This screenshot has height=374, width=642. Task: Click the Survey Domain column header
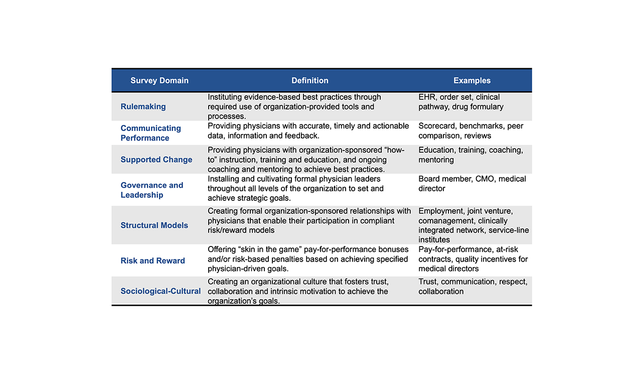pos(159,80)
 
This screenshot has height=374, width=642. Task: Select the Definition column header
pos(310,80)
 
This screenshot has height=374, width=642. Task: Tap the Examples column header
pos(472,80)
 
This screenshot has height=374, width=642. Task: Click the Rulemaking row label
pos(143,106)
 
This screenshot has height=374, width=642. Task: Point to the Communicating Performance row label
pos(150,133)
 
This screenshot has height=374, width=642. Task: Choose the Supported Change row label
pos(156,160)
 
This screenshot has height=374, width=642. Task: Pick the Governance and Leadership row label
pos(151,190)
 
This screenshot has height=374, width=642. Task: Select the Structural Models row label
pos(154,225)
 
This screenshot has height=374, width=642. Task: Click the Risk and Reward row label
pos(152,261)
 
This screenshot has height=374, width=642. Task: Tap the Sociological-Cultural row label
pos(160,291)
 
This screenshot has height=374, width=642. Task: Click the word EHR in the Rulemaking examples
pos(427,97)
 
